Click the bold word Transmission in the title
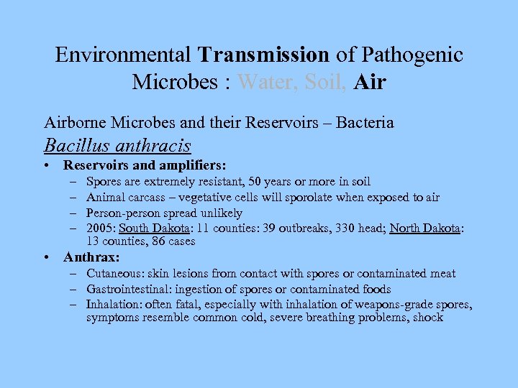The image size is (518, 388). click(263, 55)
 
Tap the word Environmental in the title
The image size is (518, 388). click(123, 55)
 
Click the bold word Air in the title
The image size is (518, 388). click(370, 82)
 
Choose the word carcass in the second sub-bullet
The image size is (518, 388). click(145, 198)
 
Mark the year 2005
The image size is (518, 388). click(100, 228)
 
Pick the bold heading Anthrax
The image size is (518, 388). click(91, 257)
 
